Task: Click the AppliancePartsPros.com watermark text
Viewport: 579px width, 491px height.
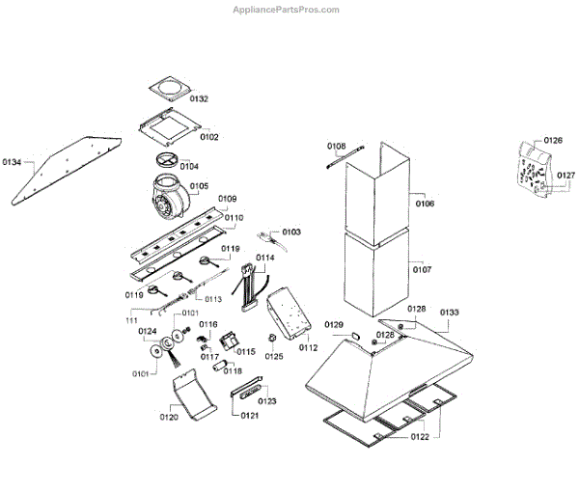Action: click(x=287, y=10)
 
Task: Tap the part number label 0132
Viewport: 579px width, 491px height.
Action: click(x=199, y=99)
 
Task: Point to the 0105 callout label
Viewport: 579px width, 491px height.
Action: click(x=199, y=186)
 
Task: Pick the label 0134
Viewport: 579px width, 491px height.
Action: click(x=12, y=161)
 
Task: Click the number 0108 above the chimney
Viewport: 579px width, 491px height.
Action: click(x=336, y=147)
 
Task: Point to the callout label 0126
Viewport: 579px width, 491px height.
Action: click(x=552, y=141)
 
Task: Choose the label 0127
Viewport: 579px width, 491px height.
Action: click(x=565, y=175)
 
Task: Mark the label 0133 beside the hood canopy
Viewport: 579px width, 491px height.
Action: click(x=450, y=313)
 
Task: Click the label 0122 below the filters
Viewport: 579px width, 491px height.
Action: click(x=421, y=437)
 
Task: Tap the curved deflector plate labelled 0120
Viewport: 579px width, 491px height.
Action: click(x=192, y=398)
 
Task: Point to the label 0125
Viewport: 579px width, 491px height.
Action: click(x=274, y=357)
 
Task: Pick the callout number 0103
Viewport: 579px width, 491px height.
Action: click(x=290, y=232)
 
